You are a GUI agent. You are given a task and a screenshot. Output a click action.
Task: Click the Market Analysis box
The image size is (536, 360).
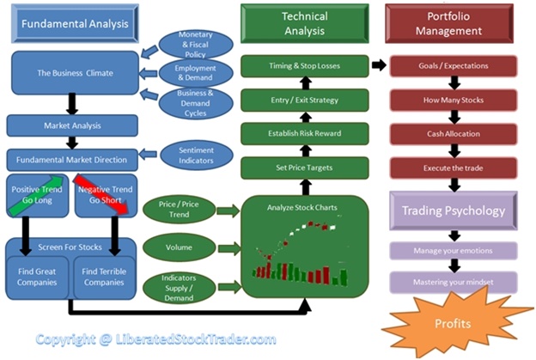(72, 125)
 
